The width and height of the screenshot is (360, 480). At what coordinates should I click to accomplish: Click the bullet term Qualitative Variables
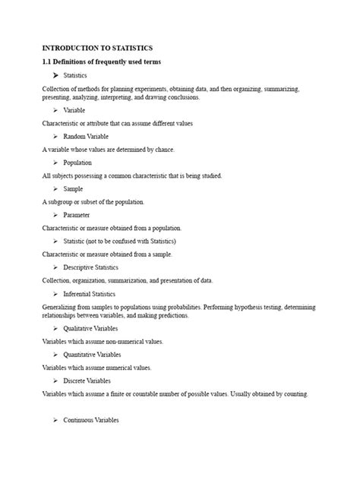point(93,328)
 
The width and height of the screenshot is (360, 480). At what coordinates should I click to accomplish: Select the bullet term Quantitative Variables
point(94,355)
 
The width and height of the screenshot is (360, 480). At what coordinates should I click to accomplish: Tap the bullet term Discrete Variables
point(87,381)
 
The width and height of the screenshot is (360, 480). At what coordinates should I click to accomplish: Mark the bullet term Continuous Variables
point(91,420)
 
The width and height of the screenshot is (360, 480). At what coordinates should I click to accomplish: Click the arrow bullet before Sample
point(56,188)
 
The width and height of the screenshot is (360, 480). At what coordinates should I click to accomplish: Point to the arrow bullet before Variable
point(56,110)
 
